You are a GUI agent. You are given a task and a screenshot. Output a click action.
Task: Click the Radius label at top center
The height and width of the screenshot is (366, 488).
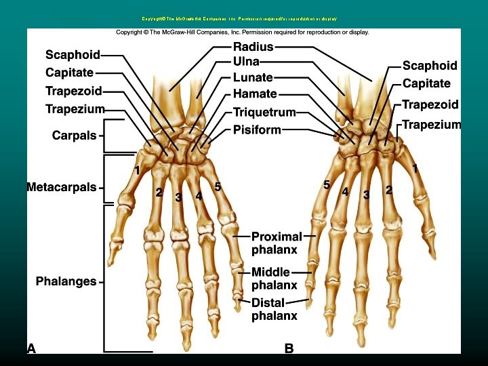pyautogui.click(x=253, y=47)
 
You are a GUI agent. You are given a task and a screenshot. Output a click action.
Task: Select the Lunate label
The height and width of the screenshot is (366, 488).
pyautogui.click(x=253, y=78)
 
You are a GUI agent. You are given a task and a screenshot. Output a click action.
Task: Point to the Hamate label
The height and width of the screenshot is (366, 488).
pyautogui.click(x=255, y=94)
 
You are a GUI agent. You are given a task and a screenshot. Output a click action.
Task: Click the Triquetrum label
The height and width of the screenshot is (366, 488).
pyautogui.click(x=265, y=113)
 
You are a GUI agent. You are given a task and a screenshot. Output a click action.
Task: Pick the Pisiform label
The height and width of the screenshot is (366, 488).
pyautogui.click(x=257, y=129)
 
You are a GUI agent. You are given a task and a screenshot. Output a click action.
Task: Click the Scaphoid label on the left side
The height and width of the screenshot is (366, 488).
pyautogui.click(x=73, y=55)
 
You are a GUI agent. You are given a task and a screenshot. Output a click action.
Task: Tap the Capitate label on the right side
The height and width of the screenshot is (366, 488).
pyautogui.click(x=426, y=83)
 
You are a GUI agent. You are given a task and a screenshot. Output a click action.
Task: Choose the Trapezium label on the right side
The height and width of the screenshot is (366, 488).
pyautogui.click(x=432, y=125)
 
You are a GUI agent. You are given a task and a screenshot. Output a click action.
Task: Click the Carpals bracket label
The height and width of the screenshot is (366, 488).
pyautogui.click(x=75, y=136)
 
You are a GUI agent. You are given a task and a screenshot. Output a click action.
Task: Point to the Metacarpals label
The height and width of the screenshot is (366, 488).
pyautogui.click(x=62, y=187)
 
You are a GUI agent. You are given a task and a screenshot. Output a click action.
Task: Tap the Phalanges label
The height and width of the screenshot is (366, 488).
pyautogui.click(x=66, y=281)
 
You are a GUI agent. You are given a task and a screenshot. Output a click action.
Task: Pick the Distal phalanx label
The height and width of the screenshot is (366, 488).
pyautogui.click(x=274, y=309)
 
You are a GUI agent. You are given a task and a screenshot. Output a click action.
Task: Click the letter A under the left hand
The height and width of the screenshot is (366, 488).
pyautogui.click(x=32, y=348)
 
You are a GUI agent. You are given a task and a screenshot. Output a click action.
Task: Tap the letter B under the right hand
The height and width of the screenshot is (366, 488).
pyautogui.click(x=289, y=348)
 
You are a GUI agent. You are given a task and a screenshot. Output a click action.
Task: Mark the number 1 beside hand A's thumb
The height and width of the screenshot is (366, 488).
pyautogui.click(x=137, y=170)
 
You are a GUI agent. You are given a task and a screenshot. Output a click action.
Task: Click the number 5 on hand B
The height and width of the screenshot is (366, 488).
pyautogui.click(x=326, y=184)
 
